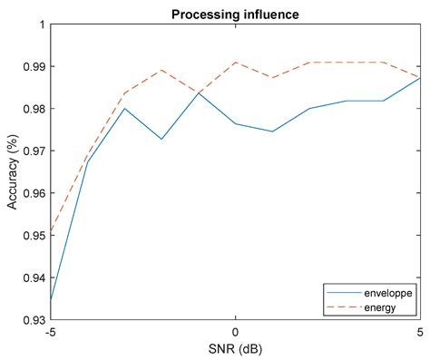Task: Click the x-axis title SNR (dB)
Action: [235, 349]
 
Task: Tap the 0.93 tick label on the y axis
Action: [32, 320]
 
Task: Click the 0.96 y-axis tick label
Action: [32, 193]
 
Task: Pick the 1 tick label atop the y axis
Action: [41, 24]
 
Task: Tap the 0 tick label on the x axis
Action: [235, 333]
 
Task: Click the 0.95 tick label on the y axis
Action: [32, 236]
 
